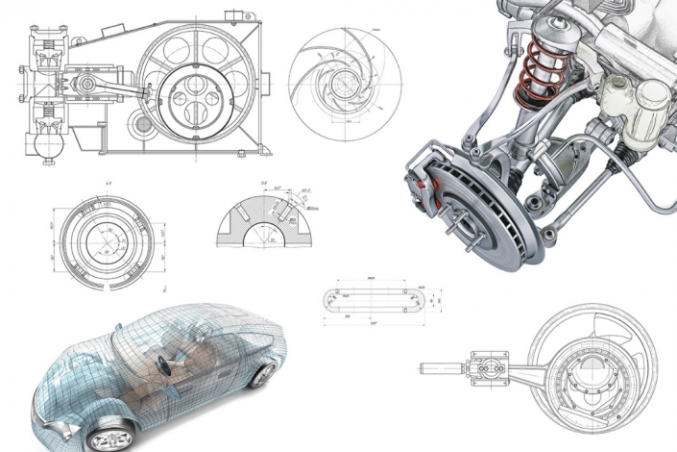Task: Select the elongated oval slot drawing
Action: pyautogui.click(x=370, y=301)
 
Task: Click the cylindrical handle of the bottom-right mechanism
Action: pyautogui.click(x=442, y=367)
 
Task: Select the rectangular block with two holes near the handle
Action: pyautogui.click(x=487, y=367)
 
